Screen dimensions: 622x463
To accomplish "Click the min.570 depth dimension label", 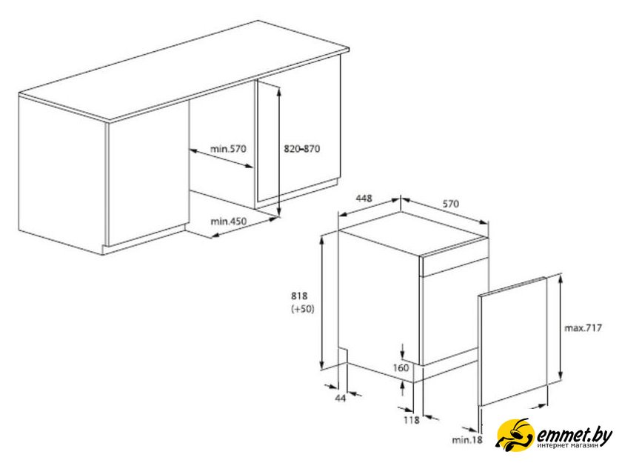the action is (x=228, y=149).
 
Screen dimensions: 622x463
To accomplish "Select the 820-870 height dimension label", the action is (x=302, y=149).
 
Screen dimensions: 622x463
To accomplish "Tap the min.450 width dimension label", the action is (x=228, y=221).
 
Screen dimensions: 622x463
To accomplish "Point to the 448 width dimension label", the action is (x=364, y=198).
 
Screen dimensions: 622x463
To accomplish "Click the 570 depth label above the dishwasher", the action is (x=451, y=204).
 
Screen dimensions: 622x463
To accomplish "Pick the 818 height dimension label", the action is (x=299, y=296).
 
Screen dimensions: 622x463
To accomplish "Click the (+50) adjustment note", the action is (x=303, y=309).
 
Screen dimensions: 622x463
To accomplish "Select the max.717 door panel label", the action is (x=583, y=328).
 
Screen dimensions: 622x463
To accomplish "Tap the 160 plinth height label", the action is (x=401, y=367).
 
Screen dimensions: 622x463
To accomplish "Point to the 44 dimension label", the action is (x=341, y=398).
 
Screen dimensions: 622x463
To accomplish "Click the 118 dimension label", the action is (x=412, y=420).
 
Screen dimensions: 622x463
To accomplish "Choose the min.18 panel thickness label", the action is (x=467, y=440).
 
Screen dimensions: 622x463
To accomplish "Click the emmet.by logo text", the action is (x=575, y=436).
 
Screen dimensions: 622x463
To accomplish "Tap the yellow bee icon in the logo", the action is (x=515, y=436).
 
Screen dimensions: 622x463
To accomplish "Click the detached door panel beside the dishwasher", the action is (x=512, y=342).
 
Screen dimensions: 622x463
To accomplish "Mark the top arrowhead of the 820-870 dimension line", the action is (x=279, y=90).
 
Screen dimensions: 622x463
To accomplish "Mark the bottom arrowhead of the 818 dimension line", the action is (x=323, y=365).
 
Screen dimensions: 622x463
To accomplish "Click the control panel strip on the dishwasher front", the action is (x=453, y=266).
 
